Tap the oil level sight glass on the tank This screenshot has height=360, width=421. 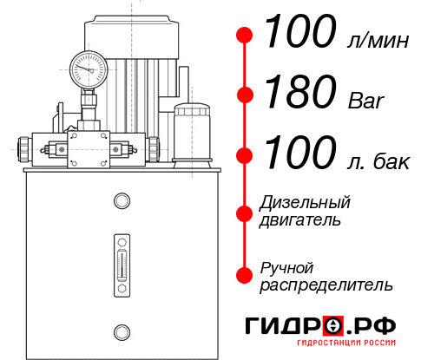[121, 260]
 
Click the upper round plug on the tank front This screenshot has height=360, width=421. [121, 202]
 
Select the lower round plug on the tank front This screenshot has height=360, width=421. [121, 331]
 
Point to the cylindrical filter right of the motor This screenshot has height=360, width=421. [191, 132]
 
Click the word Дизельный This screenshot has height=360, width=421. [305, 203]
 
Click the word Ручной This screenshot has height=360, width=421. [286, 267]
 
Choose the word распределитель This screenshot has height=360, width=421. [326, 285]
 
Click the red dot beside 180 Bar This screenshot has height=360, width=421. [246, 95]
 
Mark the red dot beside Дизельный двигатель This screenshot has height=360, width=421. [246, 212]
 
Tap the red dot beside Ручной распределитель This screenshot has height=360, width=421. [246, 275]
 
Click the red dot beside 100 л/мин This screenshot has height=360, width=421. [246, 36]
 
